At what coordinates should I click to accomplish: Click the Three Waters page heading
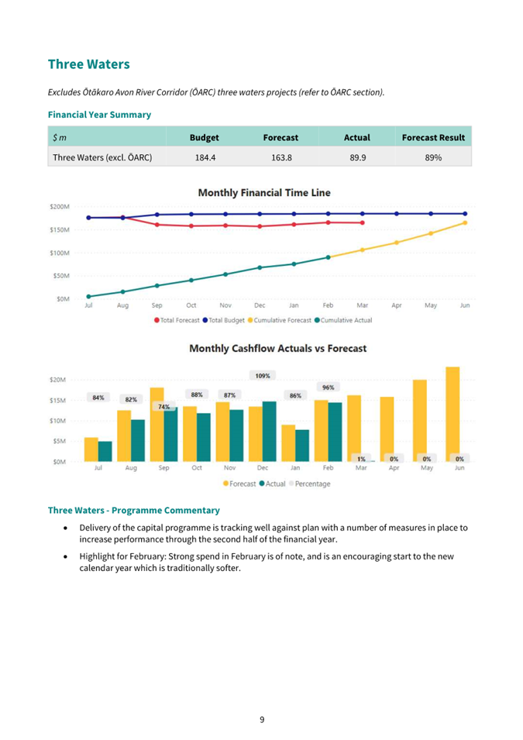pos(89,64)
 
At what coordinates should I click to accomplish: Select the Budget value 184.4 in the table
pos(205,157)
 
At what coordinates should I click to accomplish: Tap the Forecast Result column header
pos(433,137)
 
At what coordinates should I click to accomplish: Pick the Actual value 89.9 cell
pos(358,157)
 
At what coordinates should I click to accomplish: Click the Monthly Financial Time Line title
pos(264,192)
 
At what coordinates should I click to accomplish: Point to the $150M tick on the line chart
pos(60,230)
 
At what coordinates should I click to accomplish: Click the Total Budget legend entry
pos(224,320)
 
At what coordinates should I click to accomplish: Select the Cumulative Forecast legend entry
pos(280,320)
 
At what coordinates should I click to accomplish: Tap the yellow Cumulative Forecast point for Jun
pos(465,222)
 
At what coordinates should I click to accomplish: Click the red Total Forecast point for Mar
pos(363,222)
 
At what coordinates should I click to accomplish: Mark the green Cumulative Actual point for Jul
pos(89,296)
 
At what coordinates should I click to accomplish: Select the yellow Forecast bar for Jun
pos(452,415)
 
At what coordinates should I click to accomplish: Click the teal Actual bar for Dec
pos(270,432)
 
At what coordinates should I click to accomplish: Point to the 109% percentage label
pos(263,376)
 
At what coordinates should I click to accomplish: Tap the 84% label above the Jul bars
pos(98,398)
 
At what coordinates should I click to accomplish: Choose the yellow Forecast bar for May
pos(420,421)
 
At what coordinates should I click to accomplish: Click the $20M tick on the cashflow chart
pos(57,380)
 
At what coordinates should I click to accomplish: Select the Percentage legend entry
pos(310,484)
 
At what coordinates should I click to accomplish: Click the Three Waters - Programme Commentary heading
pos(134,510)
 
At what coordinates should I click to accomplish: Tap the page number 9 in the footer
pos(262,720)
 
